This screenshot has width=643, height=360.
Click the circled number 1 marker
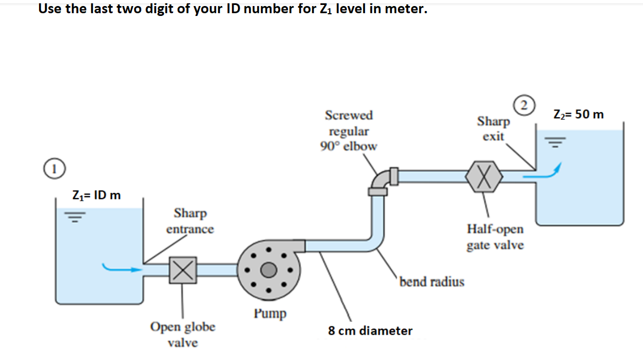click(54, 167)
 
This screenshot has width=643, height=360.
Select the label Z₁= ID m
click(97, 196)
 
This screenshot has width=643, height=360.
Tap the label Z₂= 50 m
click(578, 114)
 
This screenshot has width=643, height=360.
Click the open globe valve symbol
click(183, 270)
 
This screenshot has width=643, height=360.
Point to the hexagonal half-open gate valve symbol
click(484, 176)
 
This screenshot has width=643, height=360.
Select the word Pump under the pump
click(270, 314)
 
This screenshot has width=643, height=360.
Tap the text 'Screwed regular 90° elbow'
click(348, 131)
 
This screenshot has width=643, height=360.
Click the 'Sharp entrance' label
click(190, 220)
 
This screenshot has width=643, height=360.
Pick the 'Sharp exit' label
click(494, 128)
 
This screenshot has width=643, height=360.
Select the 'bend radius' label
click(432, 282)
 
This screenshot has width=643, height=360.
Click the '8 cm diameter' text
click(370, 331)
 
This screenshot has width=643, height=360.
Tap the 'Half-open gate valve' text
click(495, 237)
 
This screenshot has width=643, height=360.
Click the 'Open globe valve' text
click(183, 335)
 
